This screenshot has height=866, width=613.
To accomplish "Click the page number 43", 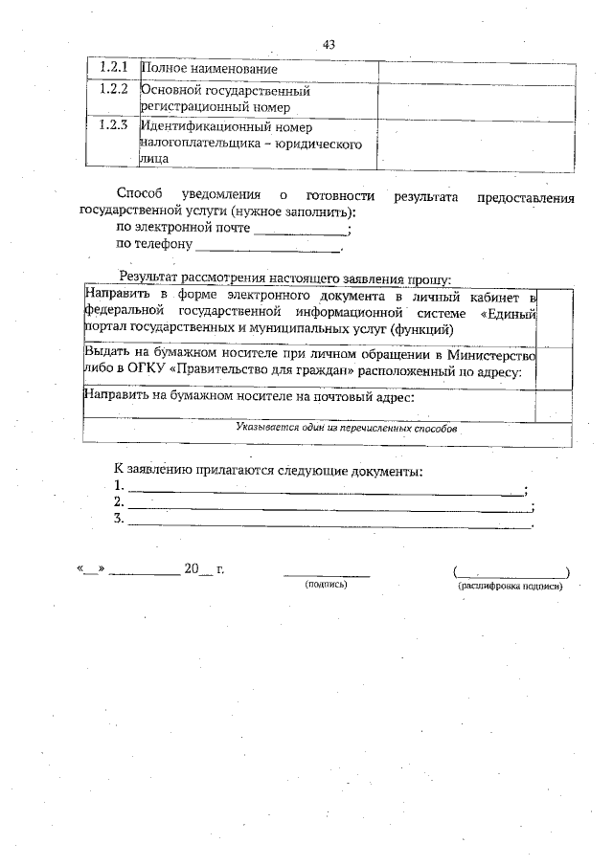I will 329,44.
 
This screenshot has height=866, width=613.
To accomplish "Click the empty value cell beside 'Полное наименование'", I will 477,70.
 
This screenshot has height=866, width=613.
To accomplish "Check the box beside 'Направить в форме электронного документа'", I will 555,313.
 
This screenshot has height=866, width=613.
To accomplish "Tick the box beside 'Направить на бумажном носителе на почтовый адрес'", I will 555,401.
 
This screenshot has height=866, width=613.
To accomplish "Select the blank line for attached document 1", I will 326,489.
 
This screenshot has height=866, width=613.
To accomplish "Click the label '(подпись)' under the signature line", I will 326,584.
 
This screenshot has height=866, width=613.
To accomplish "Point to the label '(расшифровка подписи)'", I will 511,586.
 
